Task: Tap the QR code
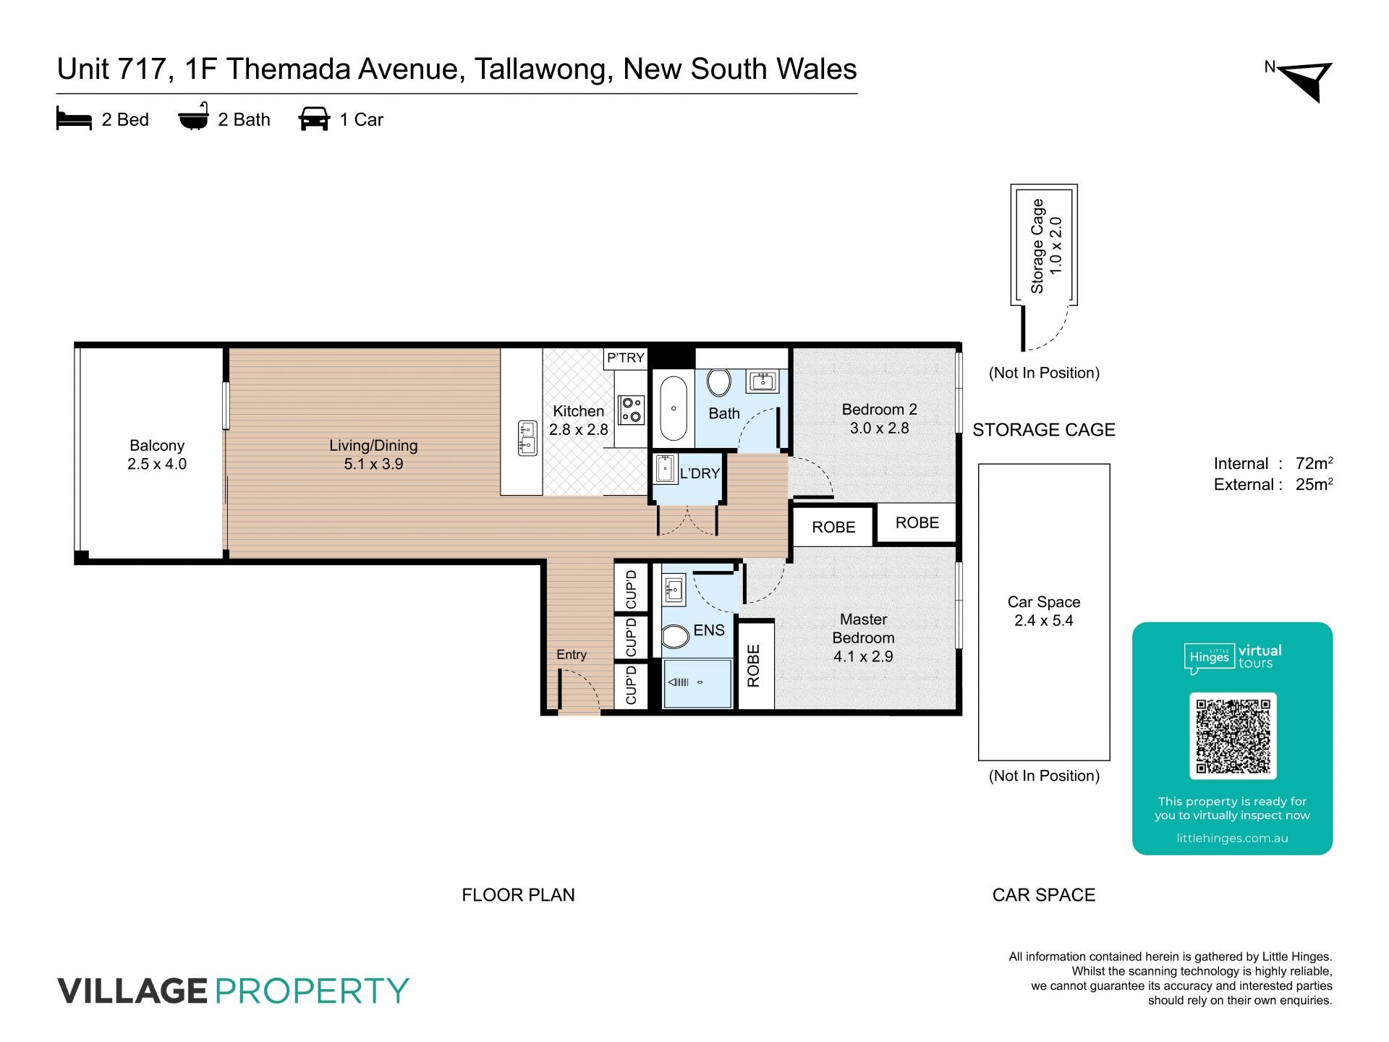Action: (1233, 736)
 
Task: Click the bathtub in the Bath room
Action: (673, 408)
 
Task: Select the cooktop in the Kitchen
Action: (632, 410)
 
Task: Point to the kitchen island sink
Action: (527, 438)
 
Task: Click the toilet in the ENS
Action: (675, 637)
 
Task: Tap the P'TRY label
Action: (626, 357)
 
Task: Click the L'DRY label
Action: (700, 473)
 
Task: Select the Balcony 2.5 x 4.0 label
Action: (157, 454)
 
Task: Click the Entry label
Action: (572, 654)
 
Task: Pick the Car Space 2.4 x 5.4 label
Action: (1044, 611)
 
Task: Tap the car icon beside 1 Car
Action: (314, 119)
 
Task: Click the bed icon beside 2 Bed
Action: (74, 119)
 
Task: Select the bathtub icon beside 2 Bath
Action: (194, 117)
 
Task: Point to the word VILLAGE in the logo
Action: (132, 991)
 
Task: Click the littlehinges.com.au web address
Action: (1233, 838)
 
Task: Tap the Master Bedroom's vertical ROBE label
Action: (754, 665)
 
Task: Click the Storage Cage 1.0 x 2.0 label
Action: (1046, 246)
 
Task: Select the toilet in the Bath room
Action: (719, 383)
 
